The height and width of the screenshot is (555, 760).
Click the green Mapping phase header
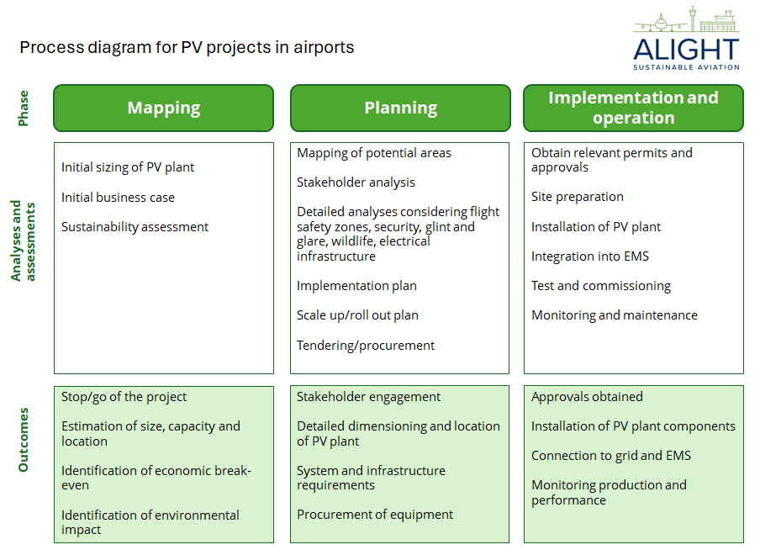click(x=164, y=108)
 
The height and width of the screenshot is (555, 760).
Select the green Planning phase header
click(x=400, y=108)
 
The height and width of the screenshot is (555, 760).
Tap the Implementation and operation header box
click(x=633, y=108)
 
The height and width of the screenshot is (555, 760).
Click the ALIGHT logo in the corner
click(x=686, y=40)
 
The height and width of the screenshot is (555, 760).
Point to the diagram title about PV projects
click(x=187, y=47)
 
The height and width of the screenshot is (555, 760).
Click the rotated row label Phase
click(x=24, y=108)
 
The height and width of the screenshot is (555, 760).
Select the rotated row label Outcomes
click(x=24, y=440)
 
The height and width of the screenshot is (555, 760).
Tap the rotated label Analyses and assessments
click(x=24, y=240)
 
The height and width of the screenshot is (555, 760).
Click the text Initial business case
click(x=118, y=198)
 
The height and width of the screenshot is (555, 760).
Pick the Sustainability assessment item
click(x=135, y=227)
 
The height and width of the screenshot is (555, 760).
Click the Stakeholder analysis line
click(x=356, y=182)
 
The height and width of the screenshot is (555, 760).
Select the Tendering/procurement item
click(x=366, y=346)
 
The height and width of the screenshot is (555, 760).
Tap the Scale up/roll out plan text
click(x=357, y=315)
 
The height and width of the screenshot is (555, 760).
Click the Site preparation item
click(x=577, y=197)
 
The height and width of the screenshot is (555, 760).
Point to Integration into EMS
click(x=589, y=256)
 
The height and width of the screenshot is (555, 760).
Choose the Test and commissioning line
click(x=600, y=286)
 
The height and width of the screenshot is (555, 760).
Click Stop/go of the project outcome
click(x=124, y=397)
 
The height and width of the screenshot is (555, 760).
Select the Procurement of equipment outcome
click(x=374, y=515)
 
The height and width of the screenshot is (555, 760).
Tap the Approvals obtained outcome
click(x=587, y=397)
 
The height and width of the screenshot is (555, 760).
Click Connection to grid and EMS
click(x=610, y=456)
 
